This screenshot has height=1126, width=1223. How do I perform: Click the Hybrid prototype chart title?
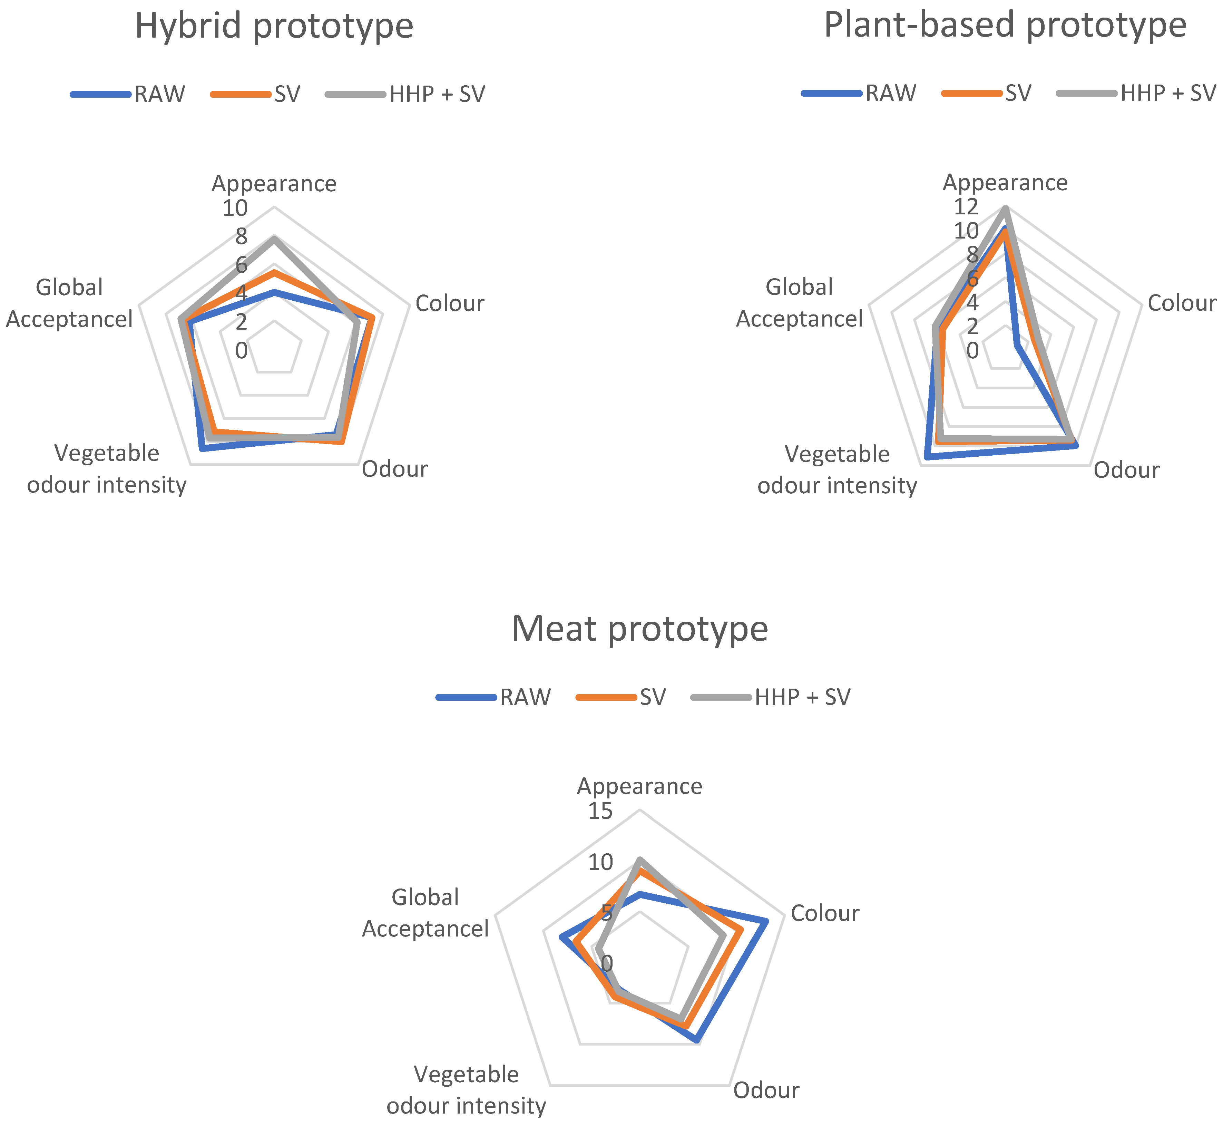(274, 26)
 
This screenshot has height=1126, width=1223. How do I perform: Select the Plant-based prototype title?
(1005, 26)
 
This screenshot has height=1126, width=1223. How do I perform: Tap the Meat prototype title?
(639, 629)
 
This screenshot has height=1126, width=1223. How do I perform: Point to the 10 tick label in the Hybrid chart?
(235, 208)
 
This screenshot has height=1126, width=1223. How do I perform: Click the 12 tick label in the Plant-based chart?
(966, 207)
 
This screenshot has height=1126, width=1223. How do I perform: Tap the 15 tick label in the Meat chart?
(600, 812)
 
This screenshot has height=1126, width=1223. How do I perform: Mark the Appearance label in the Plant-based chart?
(1005, 183)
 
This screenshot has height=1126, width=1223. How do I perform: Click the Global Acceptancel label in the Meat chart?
(425, 913)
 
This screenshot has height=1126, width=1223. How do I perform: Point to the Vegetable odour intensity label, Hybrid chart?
(107, 469)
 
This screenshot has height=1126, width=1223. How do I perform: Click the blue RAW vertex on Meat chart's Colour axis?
(766, 921)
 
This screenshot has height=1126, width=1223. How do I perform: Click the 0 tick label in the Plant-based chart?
(973, 351)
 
